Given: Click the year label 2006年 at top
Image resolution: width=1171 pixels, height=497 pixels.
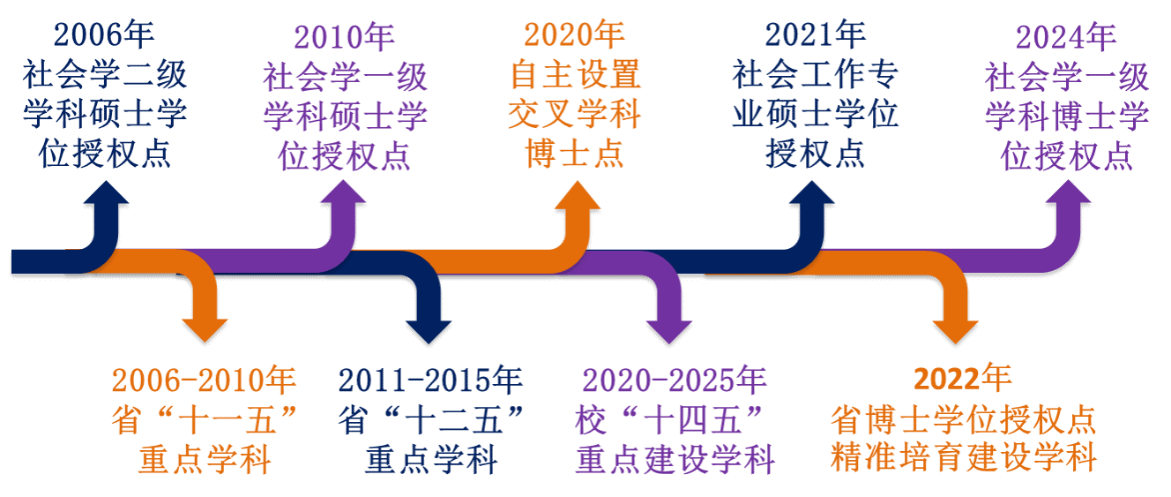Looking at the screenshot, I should pyautogui.click(x=103, y=35).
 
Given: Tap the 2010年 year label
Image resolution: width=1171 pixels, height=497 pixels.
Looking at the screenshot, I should pyautogui.click(x=344, y=37).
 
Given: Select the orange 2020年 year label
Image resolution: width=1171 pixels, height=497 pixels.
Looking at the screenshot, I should pyautogui.click(x=574, y=35).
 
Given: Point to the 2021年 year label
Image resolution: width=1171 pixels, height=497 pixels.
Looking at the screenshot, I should pyautogui.click(x=815, y=35).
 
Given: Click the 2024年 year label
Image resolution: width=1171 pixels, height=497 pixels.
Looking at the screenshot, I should pyautogui.click(x=1066, y=37).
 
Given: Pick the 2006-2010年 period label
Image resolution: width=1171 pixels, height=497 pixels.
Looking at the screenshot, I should pyautogui.click(x=204, y=380).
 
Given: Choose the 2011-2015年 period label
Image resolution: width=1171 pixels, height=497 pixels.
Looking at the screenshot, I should pyautogui.click(x=430, y=380).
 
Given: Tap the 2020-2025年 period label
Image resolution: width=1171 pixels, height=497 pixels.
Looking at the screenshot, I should pyautogui.click(x=675, y=380).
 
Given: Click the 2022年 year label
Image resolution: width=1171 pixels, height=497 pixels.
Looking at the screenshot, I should pyautogui.click(x=963, y=379).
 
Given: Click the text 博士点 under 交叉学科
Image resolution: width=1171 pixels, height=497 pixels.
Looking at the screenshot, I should pyautogui.click(x=574, y=154).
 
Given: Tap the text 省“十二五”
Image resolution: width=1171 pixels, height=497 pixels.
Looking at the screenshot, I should pyautogui.click(x=430, y=420).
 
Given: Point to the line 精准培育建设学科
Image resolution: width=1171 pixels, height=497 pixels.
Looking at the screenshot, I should pyautogui.click(x=964, y=458).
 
